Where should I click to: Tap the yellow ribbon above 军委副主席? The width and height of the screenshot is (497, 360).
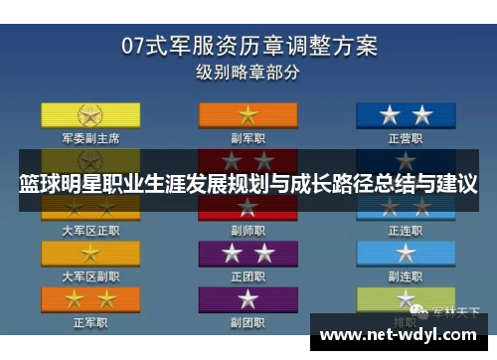pyautogui.click(x=90, y=113)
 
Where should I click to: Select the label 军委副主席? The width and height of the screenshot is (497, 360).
pyautogui.click(x=90, y=137)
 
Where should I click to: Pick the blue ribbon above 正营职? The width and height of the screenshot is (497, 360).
pyautogui.click(x=407, y=113)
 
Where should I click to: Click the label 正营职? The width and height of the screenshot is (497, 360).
pyautogui.click(x=407, y=137)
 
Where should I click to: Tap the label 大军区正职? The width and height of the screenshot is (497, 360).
pyautogui.click(x=90, y=230)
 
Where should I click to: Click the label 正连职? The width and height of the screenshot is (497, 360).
pyautogui.click(x=407, y=230)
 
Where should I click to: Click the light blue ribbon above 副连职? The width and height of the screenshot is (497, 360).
pyautogui.click(x=407, y=253)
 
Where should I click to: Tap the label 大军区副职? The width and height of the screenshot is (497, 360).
pyautogui.click(x=90, y=275)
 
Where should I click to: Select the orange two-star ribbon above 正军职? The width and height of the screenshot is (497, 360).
pyautogui.click(x=90, y=298)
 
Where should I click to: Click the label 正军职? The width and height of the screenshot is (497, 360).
pyautogui.click(x=90, y=321)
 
